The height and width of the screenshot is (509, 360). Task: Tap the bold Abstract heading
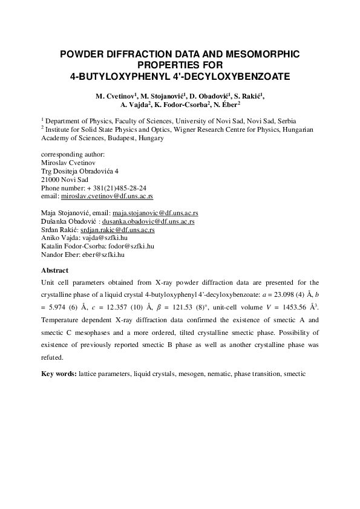(54, 270)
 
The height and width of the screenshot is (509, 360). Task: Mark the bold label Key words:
(59, 374)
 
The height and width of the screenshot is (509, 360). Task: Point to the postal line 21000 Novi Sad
(64, 180)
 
